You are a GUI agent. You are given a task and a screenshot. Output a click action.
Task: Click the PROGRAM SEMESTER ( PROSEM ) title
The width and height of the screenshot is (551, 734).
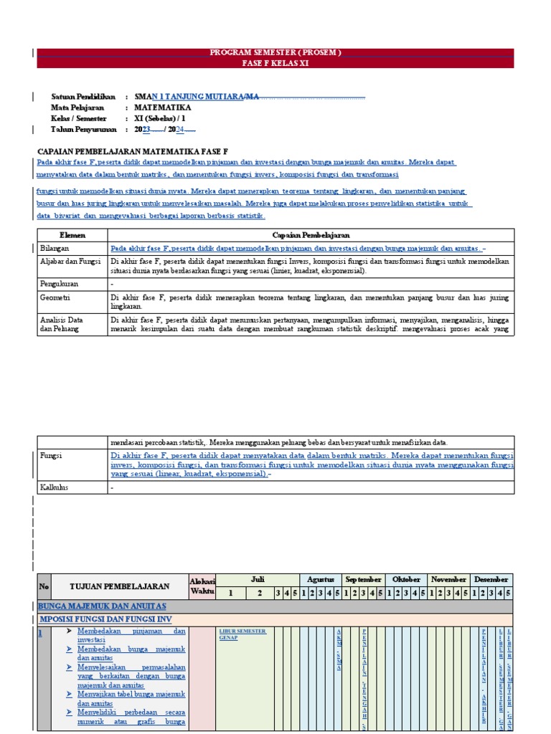(275, 53)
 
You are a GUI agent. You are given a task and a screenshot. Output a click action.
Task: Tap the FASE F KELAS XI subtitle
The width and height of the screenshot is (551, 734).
(275, 63)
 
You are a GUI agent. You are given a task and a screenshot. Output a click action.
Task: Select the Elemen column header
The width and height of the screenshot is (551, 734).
(72, 235)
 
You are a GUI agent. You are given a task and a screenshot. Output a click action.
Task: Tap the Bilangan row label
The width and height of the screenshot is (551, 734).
(55, 247)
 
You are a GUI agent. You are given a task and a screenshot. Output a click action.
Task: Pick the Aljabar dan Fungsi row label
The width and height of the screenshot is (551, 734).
(70, 262)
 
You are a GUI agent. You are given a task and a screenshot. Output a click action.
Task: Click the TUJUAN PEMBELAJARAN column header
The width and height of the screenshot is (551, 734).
(120, 586)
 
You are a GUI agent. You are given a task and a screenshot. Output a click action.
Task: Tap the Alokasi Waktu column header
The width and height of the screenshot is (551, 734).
(202, 586)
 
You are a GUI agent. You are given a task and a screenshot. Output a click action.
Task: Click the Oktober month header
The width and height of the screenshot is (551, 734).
(406, 579)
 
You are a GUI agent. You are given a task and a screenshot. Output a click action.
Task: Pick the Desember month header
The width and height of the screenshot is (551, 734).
(491, 579)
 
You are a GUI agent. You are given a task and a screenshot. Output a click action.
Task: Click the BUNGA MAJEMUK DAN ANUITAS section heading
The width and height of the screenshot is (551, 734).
(103, 606)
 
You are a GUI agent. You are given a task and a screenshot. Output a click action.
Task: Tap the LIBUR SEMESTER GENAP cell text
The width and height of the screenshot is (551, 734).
(242, 634)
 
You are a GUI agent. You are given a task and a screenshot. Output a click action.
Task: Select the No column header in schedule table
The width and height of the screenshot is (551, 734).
(44, 586)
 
